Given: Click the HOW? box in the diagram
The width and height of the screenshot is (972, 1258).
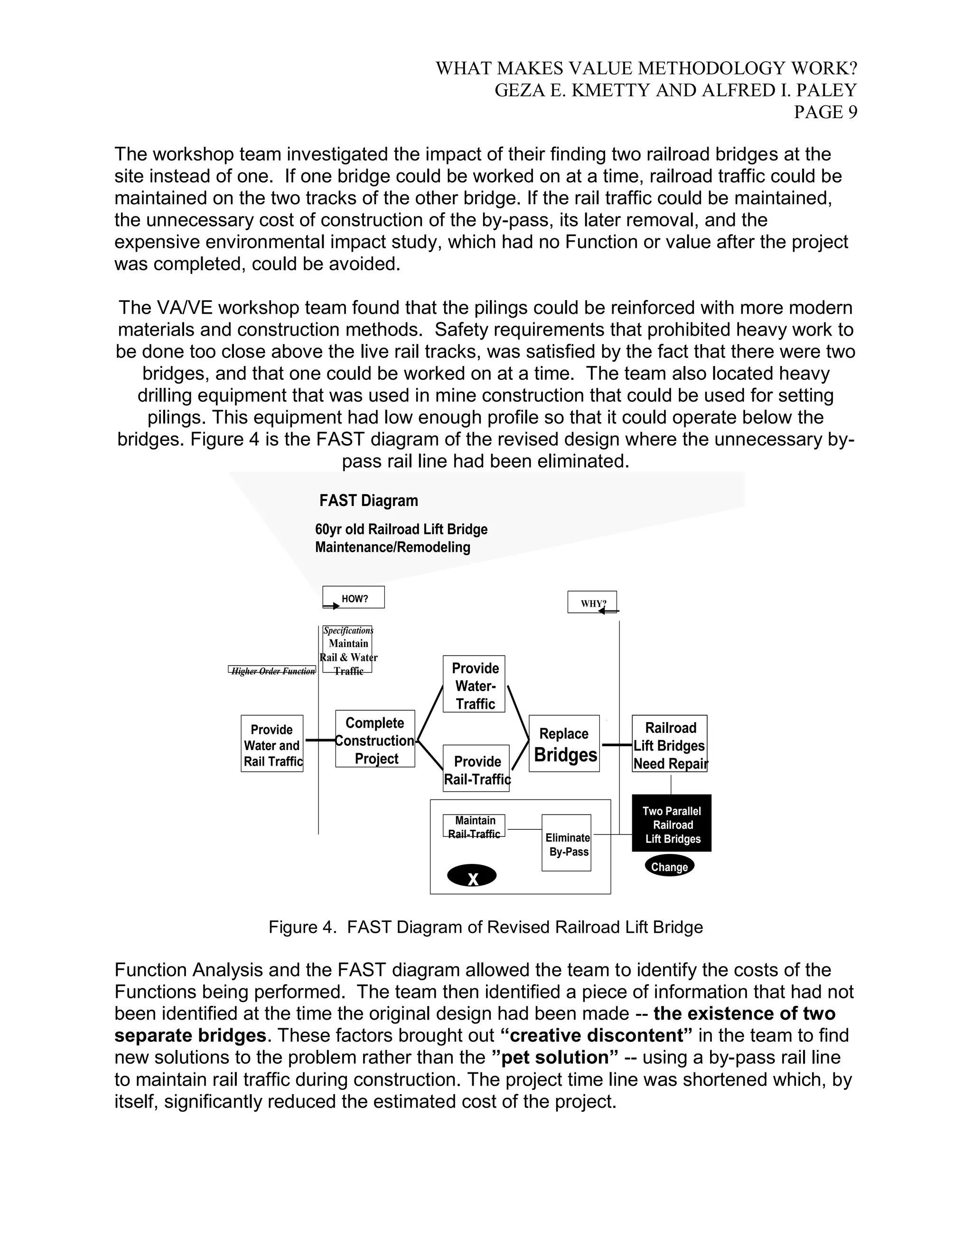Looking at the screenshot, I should (354, 597).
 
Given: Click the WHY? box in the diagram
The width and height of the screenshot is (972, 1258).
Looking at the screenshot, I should (592, 602).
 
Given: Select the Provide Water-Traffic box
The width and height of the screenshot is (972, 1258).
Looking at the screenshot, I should (474, 684).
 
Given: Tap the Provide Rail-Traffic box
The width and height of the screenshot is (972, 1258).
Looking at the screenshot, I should (476, 769).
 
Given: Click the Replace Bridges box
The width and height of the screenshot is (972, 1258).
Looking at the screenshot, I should (564, 743).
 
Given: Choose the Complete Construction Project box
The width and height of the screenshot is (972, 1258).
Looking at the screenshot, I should (375, 739).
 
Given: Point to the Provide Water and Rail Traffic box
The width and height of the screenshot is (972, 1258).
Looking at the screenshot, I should (272, 743).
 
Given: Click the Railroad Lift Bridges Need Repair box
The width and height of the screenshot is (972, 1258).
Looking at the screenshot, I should (670, 743).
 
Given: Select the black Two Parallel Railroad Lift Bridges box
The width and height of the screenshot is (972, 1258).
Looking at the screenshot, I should (672, 823).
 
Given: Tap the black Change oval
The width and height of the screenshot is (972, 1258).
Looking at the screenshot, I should (669, 866).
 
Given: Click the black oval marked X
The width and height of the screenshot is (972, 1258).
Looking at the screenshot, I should (472, 876).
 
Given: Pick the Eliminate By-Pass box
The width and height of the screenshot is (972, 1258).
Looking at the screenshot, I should (567, 843).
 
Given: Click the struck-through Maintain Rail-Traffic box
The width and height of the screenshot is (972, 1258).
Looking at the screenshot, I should (474, 826).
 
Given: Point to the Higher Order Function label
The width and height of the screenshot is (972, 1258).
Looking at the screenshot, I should (272, 670).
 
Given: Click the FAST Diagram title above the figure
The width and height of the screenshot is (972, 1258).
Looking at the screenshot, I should (368, 500).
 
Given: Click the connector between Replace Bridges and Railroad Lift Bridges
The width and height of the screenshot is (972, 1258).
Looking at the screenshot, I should (616, 745).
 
